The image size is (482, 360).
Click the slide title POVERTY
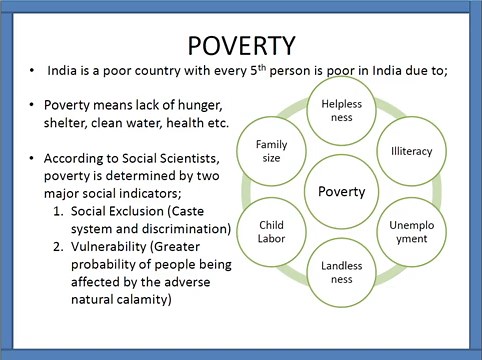[240, 46]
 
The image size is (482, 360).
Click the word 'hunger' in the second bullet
[203, 105]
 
